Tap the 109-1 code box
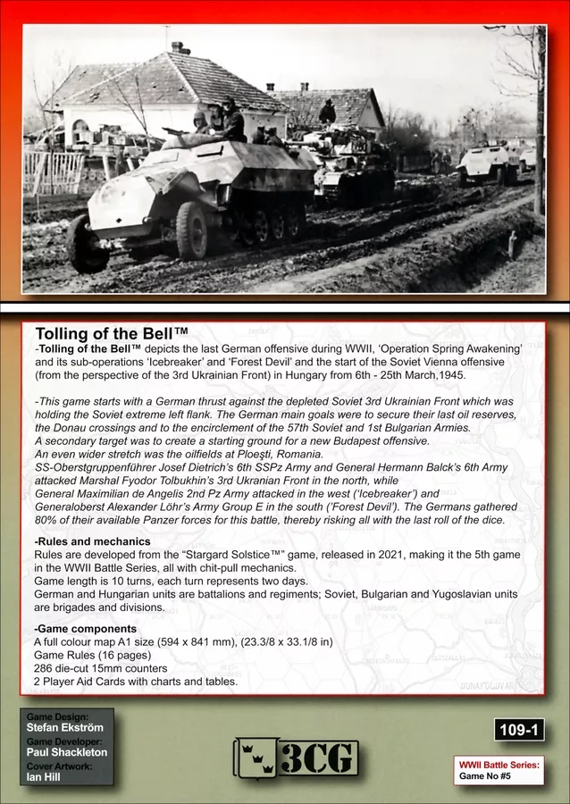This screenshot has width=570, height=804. (x=524, y=730)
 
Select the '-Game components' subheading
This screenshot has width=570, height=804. (x=87, y=628)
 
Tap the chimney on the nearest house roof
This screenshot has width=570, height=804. (x=179, y=46)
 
